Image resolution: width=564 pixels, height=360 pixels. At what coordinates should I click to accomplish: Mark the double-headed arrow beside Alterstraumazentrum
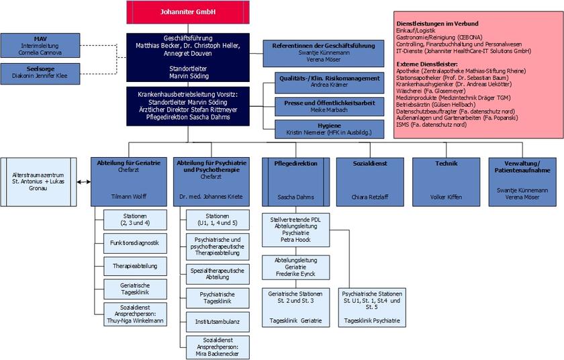83,181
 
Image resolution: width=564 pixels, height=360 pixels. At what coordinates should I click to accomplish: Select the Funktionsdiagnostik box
135,242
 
